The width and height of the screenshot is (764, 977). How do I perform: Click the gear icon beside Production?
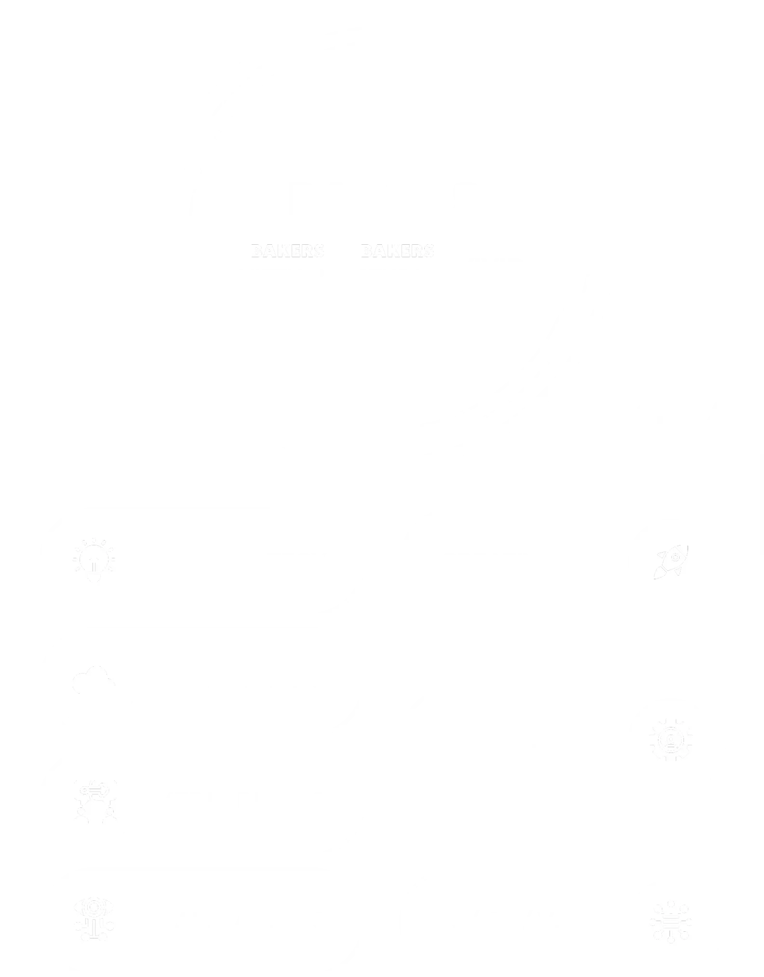pos(671,739)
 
